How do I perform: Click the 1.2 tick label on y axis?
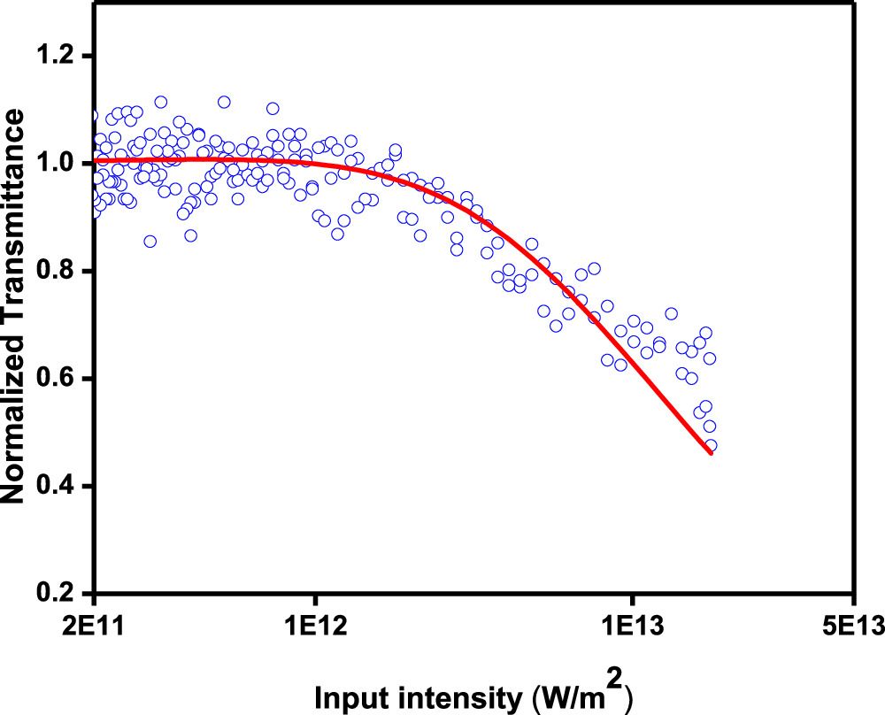(58, 56)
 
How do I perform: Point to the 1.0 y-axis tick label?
(58, 164)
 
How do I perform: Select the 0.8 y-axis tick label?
(58, 271)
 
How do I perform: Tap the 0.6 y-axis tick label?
(58, 379)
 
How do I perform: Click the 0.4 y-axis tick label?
(58, 487)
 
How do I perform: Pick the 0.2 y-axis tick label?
(58, 594)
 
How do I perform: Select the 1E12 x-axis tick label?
(313, 627)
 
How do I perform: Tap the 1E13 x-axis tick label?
(631, 627)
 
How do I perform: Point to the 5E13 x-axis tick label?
(851, 627)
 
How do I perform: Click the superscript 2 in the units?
(613, 678)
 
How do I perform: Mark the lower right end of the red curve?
(711, 454)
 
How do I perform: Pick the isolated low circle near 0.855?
(150, 241)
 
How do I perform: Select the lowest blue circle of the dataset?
(710, 446)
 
